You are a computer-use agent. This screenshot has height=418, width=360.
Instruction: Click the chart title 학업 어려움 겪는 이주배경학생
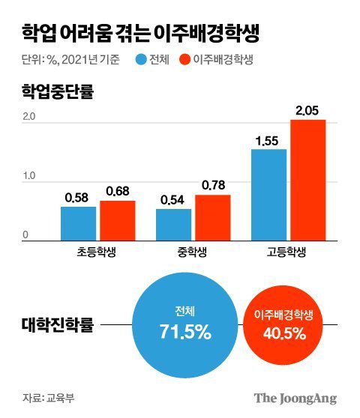tap(141, 32)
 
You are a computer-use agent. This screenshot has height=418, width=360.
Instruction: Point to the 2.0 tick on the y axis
tap(28, 116)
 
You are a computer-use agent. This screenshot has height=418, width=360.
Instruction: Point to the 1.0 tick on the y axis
tap(28, 176)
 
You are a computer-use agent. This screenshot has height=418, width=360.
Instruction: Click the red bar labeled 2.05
tap(307, 180)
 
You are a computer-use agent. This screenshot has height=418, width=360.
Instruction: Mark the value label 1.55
tap(268, 140)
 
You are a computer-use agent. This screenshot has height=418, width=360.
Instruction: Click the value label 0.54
tap(173, 200)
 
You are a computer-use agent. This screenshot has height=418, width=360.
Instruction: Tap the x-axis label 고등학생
tap(288, 253)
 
